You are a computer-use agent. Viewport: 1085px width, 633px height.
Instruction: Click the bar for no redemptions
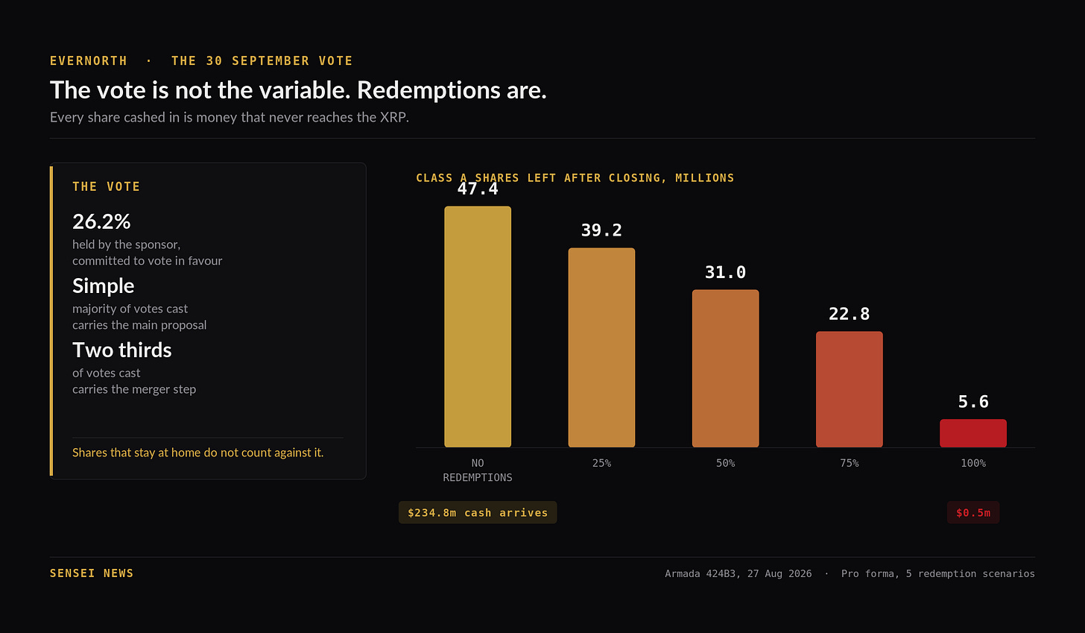478,327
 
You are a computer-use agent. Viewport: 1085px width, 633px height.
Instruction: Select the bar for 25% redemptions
601,347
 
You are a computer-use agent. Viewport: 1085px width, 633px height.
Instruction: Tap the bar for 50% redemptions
726,368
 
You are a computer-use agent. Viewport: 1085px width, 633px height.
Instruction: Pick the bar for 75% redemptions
849,389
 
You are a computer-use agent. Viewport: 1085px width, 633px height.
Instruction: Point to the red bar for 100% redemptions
973,433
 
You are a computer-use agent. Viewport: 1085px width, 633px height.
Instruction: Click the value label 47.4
478,189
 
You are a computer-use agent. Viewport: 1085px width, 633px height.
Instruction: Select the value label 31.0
726,272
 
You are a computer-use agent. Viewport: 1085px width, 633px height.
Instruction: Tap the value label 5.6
973,402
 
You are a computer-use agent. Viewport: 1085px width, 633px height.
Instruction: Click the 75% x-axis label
849,463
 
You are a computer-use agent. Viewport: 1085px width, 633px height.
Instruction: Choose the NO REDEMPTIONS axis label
478,470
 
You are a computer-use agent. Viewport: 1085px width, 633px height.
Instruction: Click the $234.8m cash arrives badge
478,512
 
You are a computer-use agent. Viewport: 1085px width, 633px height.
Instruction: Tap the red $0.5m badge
973,512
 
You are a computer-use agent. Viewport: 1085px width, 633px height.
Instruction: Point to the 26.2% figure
101,222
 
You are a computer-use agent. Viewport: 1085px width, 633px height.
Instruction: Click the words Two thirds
122,350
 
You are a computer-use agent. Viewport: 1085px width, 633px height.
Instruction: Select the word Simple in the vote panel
103,286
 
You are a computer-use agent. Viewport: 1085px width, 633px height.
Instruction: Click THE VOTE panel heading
106,186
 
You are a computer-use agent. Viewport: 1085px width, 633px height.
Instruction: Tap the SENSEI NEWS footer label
92,573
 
